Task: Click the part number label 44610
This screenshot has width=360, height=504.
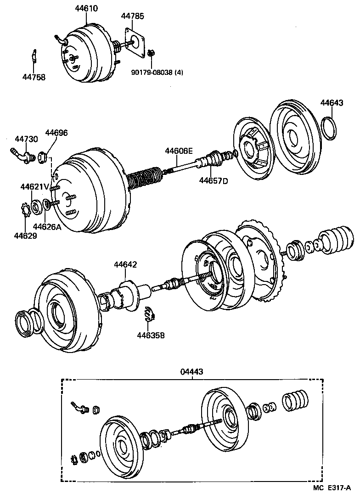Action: point(86,9)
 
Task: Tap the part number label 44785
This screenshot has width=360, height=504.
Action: point(133,16)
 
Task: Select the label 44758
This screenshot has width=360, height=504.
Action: point(34,77)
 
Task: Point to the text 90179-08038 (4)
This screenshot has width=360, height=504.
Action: point(157,72)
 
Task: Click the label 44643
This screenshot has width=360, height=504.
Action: point(332,103)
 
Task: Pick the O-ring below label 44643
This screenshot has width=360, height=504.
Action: point(330,128)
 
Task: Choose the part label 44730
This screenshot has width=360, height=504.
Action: point(26,139)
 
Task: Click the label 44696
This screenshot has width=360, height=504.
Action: point(56,133)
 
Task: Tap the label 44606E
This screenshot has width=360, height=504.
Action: point(180,151)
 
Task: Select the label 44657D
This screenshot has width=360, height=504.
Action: point(213,180)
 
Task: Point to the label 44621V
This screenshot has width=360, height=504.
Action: point(34,187)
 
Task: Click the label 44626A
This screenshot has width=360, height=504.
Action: point(47,226)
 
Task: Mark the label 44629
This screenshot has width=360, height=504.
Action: point(25,235)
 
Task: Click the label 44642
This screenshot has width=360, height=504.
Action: point(126,264)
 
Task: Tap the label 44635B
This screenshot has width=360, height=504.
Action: point(151,336)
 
